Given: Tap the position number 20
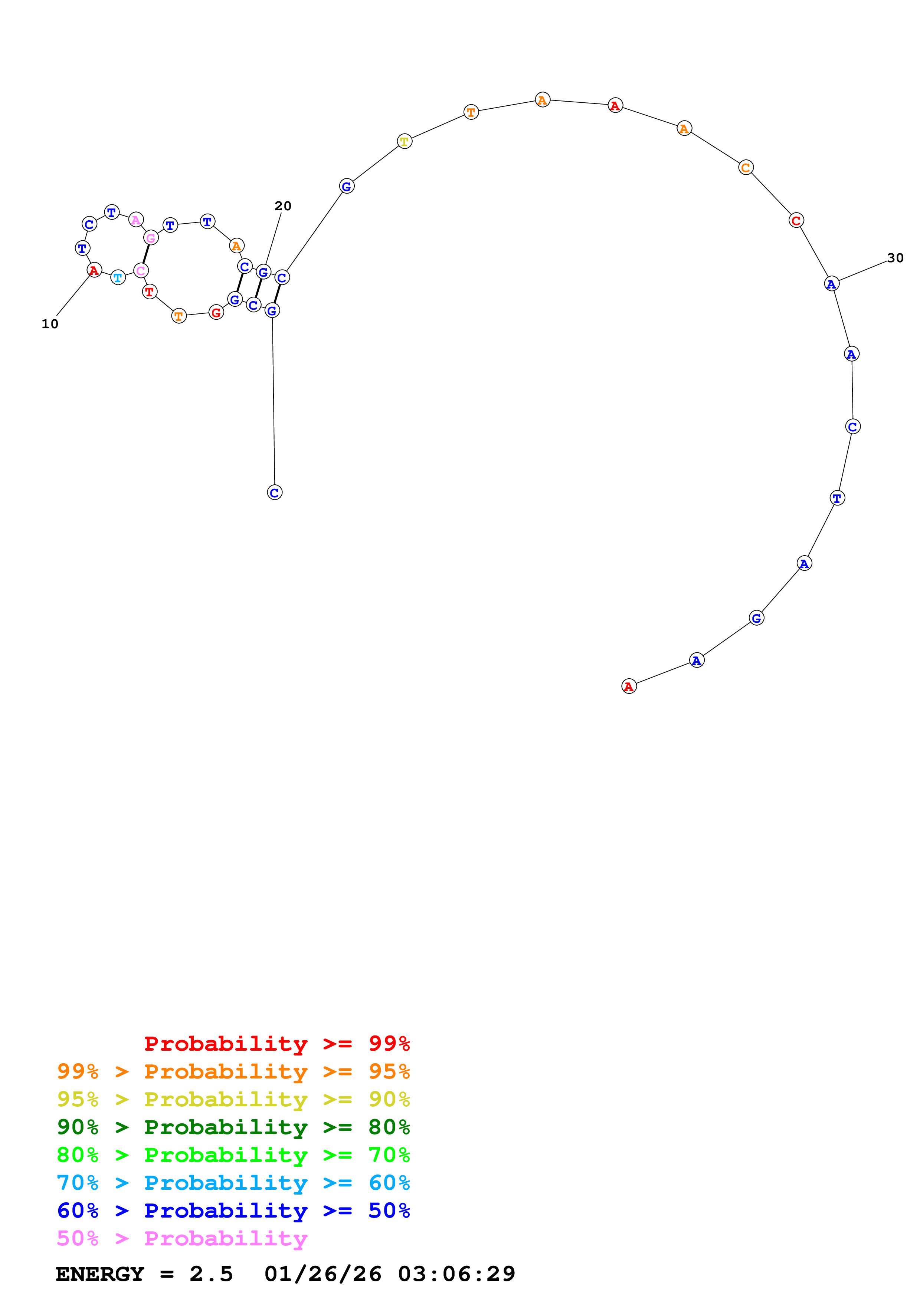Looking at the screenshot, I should click(x=283, y=206).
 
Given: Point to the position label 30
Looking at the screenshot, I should click(x=895, y=258).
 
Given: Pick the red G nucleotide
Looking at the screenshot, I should click(x=216, y=312).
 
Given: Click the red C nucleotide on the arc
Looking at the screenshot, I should click(x=796, y=220).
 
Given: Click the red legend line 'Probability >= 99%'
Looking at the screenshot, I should click(x=276, y=1043).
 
